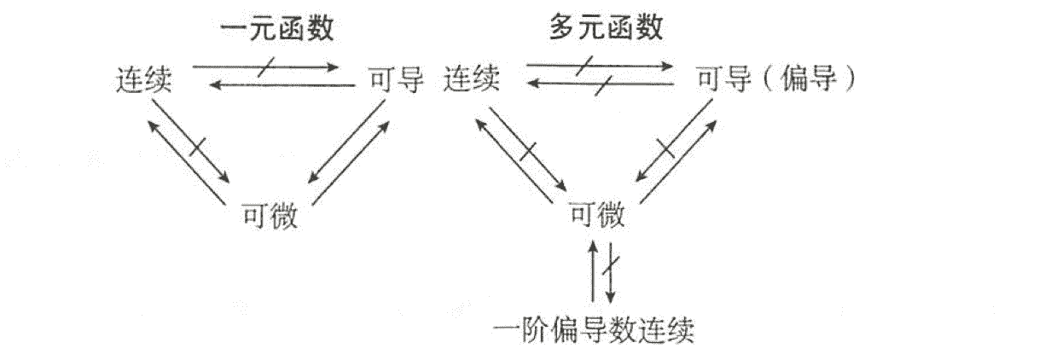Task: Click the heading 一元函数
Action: coord(276,29)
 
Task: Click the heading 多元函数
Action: coord(606,29)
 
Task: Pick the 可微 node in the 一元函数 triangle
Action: coord(270,216)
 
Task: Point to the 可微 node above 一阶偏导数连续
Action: coord(597,216)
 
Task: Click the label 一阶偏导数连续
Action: coord(595,328)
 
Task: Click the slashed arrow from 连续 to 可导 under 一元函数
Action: coord(264,65)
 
